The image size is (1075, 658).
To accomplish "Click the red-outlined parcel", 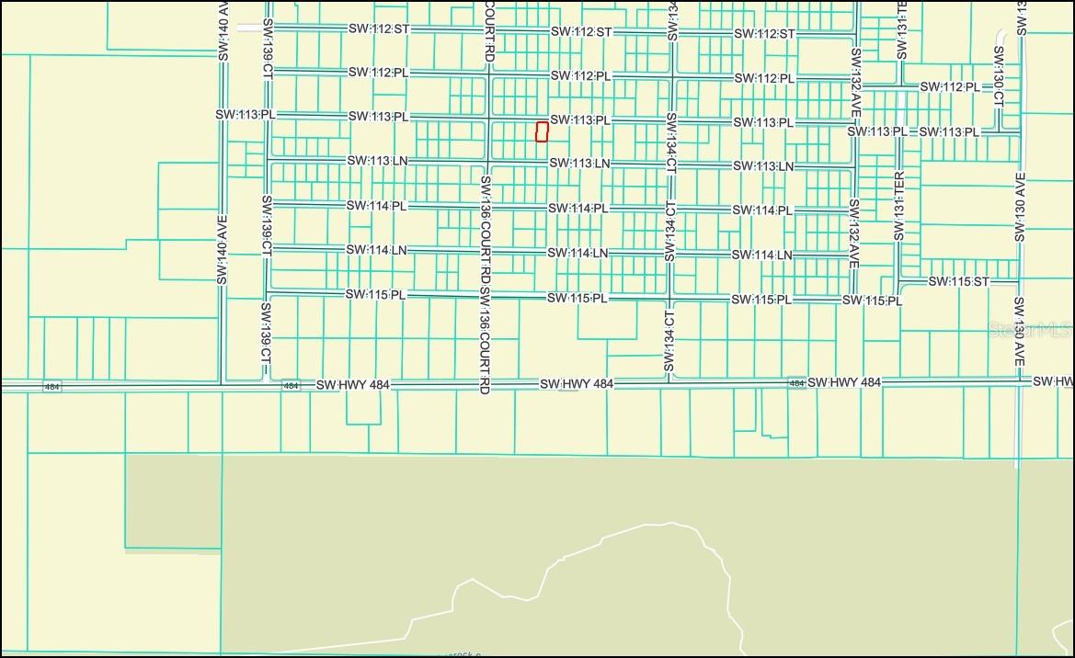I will pos(542,132).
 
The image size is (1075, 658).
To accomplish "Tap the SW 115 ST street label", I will pos(958,281).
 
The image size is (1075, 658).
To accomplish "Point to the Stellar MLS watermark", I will pos(1028,329).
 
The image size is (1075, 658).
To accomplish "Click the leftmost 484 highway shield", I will pos(51,387).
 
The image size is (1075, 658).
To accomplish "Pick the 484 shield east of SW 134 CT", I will pos(796,382).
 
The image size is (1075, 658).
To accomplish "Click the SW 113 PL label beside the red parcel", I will pos(580,120).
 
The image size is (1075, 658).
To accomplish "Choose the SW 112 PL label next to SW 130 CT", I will pos(951,87).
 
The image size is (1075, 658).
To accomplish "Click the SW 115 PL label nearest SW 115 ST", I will pos(872,301).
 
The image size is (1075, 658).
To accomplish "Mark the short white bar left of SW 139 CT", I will pos(248,28).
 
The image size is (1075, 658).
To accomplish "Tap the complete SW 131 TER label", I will pos(899,206).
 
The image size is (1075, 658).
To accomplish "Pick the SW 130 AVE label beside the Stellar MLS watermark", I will pos(1019,333).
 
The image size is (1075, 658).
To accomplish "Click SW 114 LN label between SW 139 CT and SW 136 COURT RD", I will pos(376,250).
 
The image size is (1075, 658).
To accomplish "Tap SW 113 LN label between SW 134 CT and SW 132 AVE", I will pos(762,166).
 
